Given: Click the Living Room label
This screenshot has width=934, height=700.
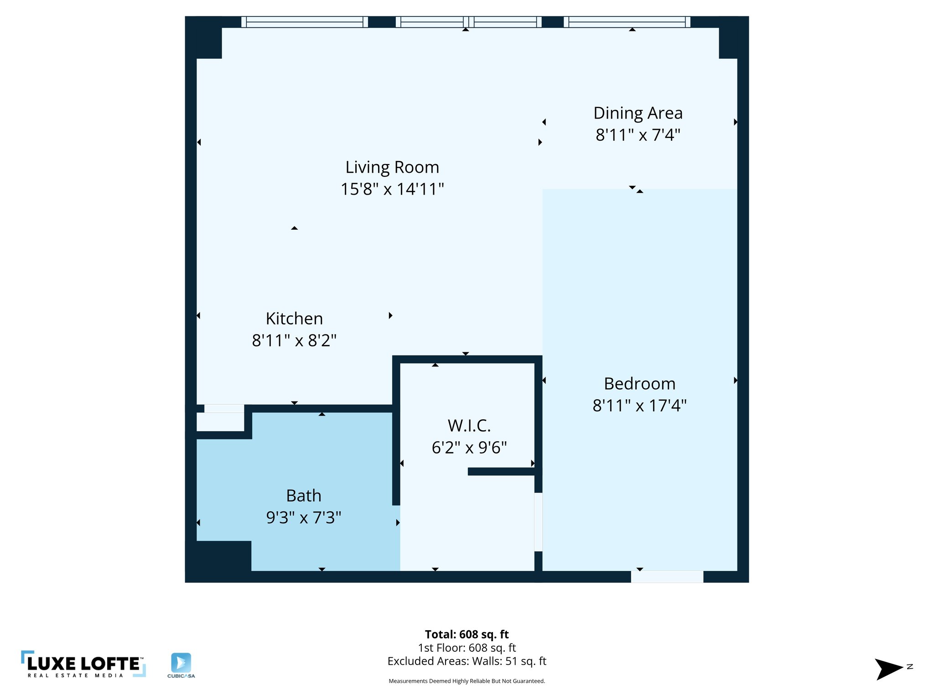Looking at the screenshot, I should coord(392,167).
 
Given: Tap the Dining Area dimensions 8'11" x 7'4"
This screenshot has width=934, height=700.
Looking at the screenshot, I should coord(638,135).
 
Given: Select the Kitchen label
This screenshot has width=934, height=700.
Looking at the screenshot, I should coord(294,319).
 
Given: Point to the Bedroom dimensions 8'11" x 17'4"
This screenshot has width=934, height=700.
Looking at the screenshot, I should coord(639,405).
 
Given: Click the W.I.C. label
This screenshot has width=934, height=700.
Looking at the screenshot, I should coord(469,426).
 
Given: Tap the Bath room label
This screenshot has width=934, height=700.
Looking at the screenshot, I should coord(304,495).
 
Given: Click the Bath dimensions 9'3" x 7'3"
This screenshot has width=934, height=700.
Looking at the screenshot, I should coord(304,518).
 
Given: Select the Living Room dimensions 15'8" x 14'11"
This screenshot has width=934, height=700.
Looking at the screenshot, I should coord(392,189).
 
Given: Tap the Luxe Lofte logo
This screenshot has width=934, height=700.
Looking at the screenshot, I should coord(83,664).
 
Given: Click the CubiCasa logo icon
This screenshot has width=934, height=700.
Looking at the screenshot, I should coord(181,663).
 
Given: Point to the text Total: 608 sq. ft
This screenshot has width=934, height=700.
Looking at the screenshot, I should coord(467,634).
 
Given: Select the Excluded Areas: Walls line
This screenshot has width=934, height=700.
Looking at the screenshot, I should coord(467,661).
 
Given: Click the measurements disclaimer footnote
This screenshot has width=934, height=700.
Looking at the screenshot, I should coord(467,681).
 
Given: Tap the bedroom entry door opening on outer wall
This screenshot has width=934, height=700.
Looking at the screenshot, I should coord(667,576).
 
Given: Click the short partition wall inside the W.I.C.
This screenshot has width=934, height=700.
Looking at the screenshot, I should coord(502,472).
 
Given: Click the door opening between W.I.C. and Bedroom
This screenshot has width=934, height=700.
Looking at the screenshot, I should coord(538,522).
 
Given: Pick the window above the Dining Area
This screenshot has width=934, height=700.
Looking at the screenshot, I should coord(627,22).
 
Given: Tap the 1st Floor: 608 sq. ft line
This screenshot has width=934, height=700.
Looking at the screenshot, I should coord(467,648).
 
